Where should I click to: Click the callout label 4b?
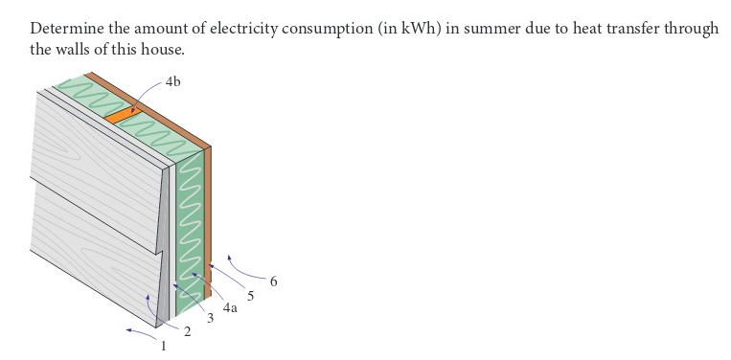point(172,82)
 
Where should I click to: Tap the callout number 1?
point(163,345)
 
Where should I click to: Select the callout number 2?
point(187,331)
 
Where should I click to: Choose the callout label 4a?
point(230,308)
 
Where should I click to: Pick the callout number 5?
point(251,296)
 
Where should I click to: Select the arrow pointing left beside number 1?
point(140,333)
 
